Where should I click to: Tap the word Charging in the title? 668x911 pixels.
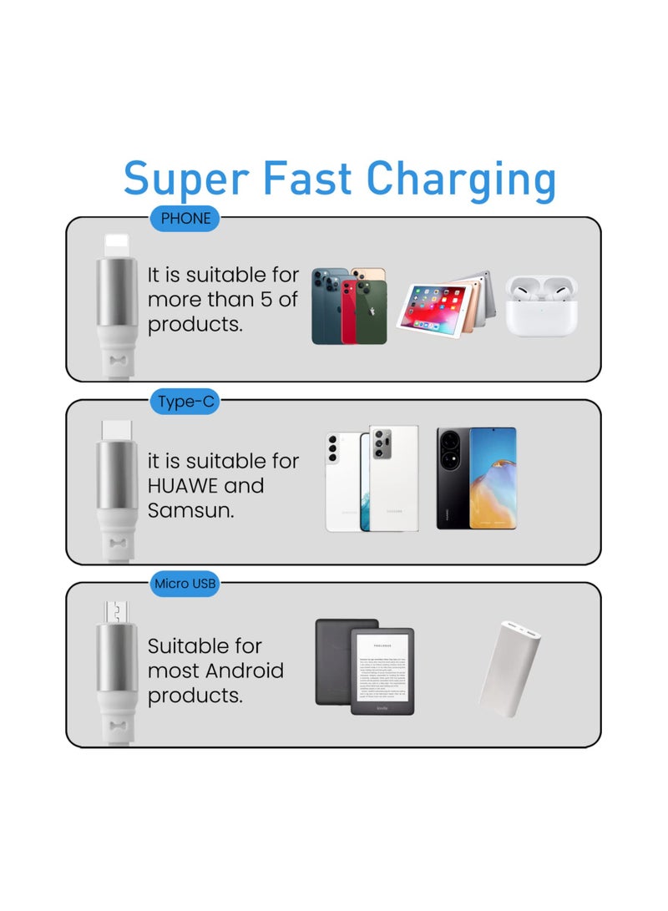[x=461, y=180]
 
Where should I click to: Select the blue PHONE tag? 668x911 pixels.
[x=185, y=220]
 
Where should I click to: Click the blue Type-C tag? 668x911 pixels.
[x=185, y=402]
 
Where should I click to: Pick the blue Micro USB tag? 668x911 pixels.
[x=185, y=584]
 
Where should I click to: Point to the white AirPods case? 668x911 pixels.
[x=541, y=306]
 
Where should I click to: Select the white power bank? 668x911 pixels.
[x=511, y=663]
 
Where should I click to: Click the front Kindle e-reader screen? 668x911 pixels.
[x=382, y=671]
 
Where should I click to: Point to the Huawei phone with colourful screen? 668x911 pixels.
[x=493, y=478]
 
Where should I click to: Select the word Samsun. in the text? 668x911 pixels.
[x=190, y=510]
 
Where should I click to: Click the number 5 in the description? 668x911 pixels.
[x=269, y=299]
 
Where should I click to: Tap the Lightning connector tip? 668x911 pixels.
[x=116, y=245]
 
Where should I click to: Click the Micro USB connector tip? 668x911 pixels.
[x=116, y=611]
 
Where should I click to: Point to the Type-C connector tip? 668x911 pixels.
[x=116, y=429]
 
